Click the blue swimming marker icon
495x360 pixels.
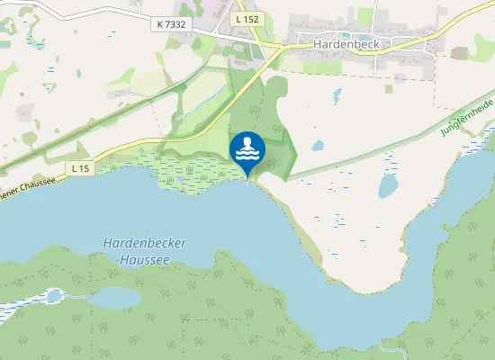click(247, 150)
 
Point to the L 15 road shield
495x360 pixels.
click(81, 168)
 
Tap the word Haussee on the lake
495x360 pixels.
click(145, 259)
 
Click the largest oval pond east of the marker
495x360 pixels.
click(389, 186)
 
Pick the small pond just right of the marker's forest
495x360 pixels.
click(317, 145)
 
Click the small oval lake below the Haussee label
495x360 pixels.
click(113, 296)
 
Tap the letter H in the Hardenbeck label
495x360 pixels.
click(319, 42)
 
